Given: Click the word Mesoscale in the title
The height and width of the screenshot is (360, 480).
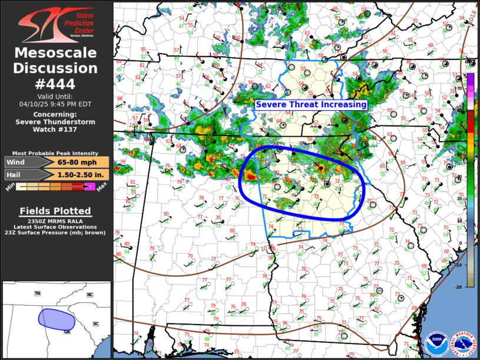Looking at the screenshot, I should [56, 54].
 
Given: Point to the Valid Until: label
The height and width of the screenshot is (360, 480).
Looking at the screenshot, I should [56, 95].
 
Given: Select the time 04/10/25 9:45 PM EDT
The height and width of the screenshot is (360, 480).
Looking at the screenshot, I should [56, 104].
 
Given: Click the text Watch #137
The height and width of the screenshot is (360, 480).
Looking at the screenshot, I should [56, 130].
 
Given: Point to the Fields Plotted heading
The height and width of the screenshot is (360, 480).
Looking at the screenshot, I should [56, 211].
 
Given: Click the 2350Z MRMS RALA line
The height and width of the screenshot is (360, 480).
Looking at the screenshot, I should [56, 220].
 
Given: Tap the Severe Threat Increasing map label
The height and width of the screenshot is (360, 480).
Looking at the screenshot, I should [310, 104].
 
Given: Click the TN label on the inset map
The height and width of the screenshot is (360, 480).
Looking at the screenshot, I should [38, 293].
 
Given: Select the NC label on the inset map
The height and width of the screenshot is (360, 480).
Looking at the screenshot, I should [90, 295].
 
